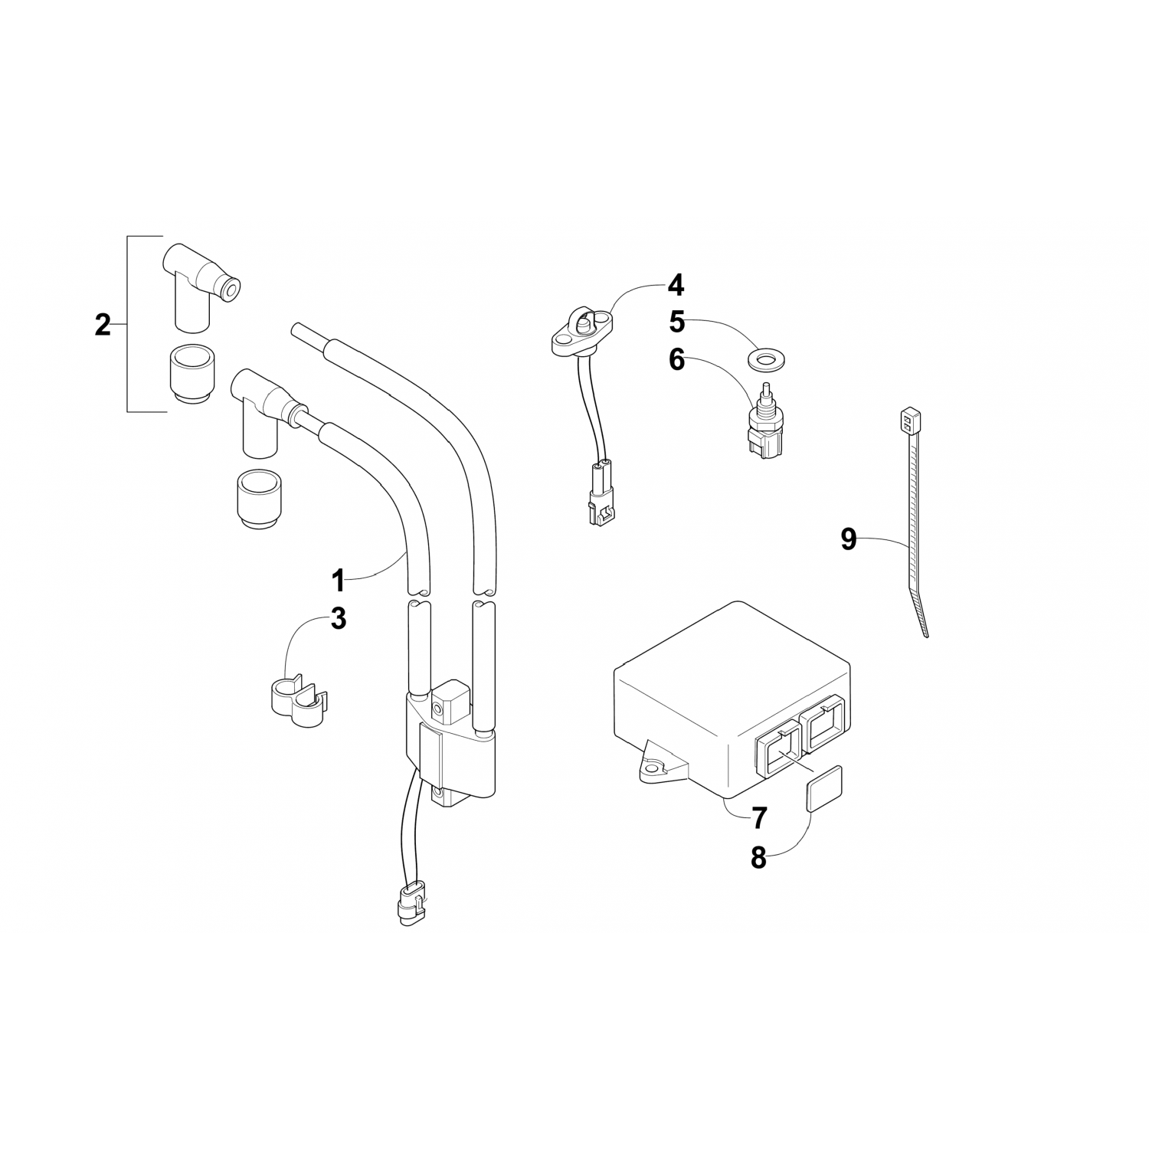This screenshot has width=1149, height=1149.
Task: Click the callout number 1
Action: tap(339, 581)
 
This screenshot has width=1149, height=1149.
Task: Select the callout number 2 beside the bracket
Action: tap(103, 325)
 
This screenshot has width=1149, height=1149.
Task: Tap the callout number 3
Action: tap(339, 618)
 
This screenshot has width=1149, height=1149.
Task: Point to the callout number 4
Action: tap(675, 286)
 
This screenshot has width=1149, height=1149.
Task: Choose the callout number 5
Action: tap(677, 322)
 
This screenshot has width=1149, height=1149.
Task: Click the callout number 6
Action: tap(677, 359)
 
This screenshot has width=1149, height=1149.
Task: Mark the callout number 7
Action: tap(758, 819)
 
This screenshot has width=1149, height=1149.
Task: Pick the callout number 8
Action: tap(758, 858)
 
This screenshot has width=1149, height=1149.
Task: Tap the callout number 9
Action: tap(848, 539)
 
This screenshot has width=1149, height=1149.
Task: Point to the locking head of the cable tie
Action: tap(907, 420)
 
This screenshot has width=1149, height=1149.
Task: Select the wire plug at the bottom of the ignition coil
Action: tap(411, 904)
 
